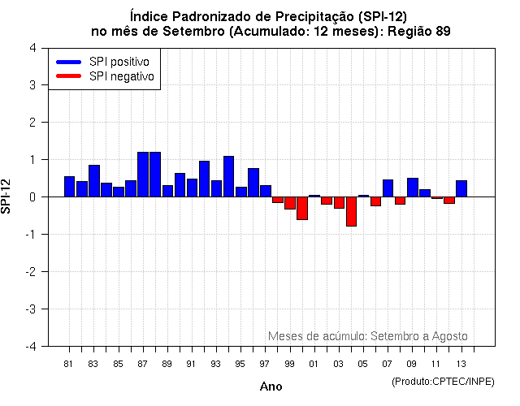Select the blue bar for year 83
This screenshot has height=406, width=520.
click(94, 181)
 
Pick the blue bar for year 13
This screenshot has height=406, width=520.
click(461, 188)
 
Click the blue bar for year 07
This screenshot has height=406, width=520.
click(388, 188)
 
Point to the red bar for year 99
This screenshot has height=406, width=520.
click(290, 203)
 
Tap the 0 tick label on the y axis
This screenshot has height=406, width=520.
click(32, 197)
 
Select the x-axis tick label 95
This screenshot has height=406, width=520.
click(240, 364)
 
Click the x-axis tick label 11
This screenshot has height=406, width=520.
click(436, 364)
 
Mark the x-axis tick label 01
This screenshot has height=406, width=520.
click(314, 364)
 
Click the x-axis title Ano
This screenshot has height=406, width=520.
click(271, 387)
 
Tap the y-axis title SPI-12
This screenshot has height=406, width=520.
click(7, 197)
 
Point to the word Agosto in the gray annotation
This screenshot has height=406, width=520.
click(448, 335)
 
